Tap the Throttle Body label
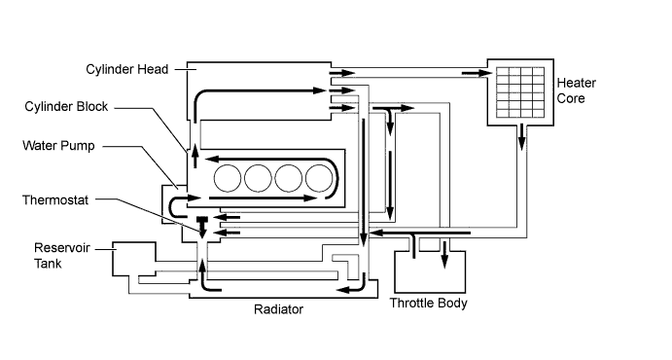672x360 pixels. [x=428, y=303]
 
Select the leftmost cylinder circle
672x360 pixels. [x=229, y=178]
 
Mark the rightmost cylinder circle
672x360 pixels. [x=318, y=178]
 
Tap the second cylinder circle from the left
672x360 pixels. [x=259, y=178]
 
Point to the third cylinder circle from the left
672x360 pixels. [x=289, y=178]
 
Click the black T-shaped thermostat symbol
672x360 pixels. [x=202, y=223]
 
